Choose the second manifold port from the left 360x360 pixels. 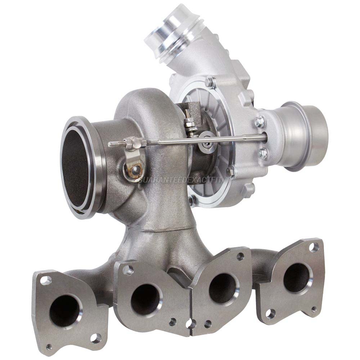[145, 298]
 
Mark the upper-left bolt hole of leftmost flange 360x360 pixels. [45, 280]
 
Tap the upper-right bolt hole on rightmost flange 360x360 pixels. [314, 247]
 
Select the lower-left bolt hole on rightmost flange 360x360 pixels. [270, 313]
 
